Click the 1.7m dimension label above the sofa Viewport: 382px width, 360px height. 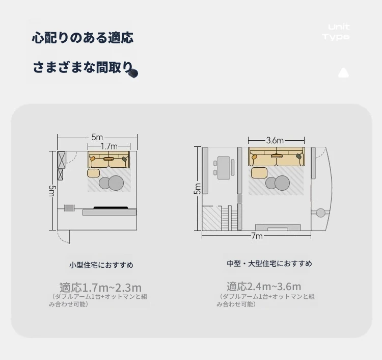point(109,146)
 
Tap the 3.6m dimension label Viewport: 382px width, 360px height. point(275,140)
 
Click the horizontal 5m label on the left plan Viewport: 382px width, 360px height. point(97,137)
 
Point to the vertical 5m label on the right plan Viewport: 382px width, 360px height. point(198,189)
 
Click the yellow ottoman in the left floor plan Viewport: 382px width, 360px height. point(94,173)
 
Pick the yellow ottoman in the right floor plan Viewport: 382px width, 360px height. point(259,172)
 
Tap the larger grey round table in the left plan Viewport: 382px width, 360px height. point(116,183)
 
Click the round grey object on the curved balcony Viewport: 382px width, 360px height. point(321,213)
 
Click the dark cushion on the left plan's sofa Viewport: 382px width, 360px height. point(124,159)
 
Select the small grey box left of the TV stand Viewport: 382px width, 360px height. point(69,208)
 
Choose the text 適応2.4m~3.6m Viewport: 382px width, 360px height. point(264,286)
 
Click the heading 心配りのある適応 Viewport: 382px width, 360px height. point(83,38)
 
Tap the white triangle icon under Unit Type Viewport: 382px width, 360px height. point(343,73)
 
